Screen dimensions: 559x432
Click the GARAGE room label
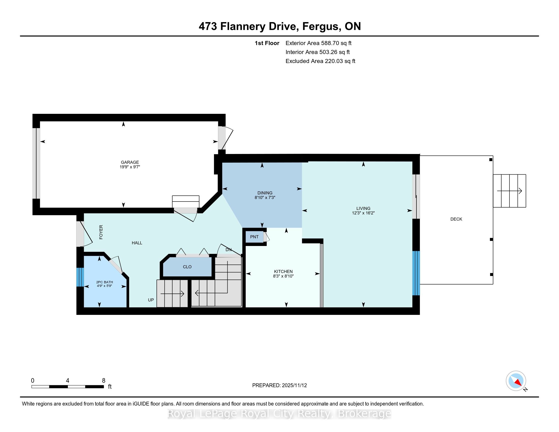pos(130,162)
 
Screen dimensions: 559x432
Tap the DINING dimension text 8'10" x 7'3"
pos(265,197)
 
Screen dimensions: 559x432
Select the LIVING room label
pos(363,208)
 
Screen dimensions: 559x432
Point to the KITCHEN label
pos(283,272)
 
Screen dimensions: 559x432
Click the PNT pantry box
pos(254,237)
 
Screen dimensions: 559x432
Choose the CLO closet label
pos(187,267)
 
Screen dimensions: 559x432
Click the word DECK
pos(456,219)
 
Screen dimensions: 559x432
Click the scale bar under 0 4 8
pos(68,387)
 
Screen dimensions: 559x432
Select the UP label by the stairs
pos(151,300)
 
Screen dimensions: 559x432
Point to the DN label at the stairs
pos(229,250)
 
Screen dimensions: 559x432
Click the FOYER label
pos(101,232)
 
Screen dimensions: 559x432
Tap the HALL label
pos(137,243)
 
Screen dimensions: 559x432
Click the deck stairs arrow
pos(510,191)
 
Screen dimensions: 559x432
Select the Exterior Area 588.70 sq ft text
pos(318,43)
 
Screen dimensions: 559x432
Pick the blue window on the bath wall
pos(80,277)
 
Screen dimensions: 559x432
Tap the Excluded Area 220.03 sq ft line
pos(320,61)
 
